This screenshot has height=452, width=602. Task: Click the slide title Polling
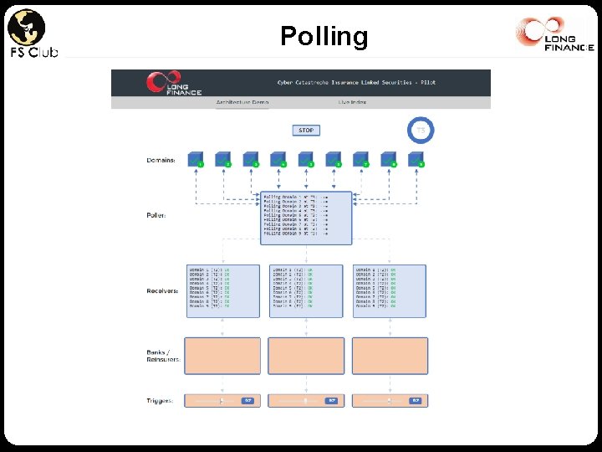tap(324, 36)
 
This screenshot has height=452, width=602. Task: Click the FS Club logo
tap(31, 33)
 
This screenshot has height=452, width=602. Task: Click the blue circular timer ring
tap(421, 131)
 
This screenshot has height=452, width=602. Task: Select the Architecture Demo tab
tap(242, 102)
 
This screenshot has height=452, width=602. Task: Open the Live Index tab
tap(352, 102)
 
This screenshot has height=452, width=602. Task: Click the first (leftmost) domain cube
tap(196, 159)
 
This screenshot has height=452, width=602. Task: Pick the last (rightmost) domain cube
tap(416, 159)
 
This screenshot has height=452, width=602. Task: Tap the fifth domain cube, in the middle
tap(306, 159)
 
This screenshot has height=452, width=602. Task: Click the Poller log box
tap(306, 217)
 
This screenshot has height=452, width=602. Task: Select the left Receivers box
tap(222, 290)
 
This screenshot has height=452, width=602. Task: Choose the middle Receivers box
tap(306, 290)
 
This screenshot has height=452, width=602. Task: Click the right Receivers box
tap(390, 290)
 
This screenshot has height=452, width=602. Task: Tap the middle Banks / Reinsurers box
tap(306, 355)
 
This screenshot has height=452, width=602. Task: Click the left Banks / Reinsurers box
tap(222, 355)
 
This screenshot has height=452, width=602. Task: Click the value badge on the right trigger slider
tap(415, 401)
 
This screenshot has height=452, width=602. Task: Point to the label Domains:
tap(161, 160)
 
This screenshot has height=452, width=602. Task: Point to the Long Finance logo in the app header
tap(164, 82)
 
